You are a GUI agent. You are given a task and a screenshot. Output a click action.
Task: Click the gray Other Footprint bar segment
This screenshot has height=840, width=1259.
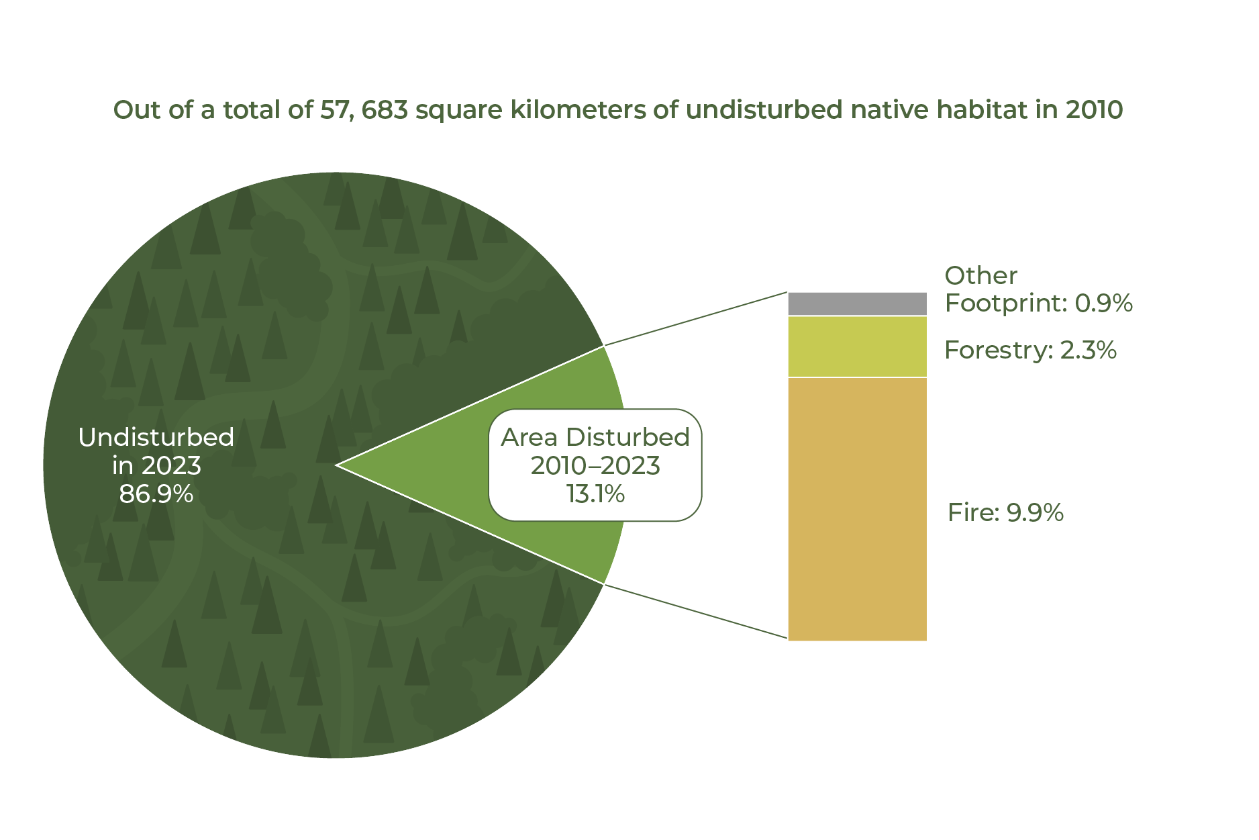(857, 304)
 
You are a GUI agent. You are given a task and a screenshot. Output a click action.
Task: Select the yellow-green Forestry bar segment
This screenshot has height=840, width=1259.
(857, 346)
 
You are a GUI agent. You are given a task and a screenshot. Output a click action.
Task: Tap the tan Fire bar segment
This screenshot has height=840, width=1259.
(857, 509)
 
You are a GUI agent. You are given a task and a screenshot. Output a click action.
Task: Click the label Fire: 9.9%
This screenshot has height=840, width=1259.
(1005, 513)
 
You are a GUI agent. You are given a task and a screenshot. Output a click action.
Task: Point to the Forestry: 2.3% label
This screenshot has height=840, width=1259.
(1030, 351)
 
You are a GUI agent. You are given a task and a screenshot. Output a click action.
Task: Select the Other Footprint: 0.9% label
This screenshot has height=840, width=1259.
(1038, 289)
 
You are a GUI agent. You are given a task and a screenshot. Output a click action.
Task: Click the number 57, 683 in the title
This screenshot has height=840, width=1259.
(364, 110)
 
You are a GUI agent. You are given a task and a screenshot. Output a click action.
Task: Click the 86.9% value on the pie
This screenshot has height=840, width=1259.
(156, 494)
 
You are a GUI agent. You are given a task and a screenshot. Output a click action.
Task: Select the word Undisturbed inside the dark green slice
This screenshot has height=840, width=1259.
(156, 437)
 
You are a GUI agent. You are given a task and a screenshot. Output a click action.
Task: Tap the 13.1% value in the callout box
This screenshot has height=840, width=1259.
(595, 494)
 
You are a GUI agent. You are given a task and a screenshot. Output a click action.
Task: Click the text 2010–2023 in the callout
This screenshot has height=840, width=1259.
(595, 466)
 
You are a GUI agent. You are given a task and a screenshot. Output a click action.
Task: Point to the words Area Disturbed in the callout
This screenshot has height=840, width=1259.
(595, 437)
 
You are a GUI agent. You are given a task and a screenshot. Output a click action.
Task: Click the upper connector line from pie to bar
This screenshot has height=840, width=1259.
(695, 319)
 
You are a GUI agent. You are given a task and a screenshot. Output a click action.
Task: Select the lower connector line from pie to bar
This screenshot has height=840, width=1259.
(695, 611)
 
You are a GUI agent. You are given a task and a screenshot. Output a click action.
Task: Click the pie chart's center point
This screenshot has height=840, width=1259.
(336, 465)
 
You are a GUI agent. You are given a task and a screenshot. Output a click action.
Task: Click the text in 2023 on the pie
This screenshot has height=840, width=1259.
(156, 466)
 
